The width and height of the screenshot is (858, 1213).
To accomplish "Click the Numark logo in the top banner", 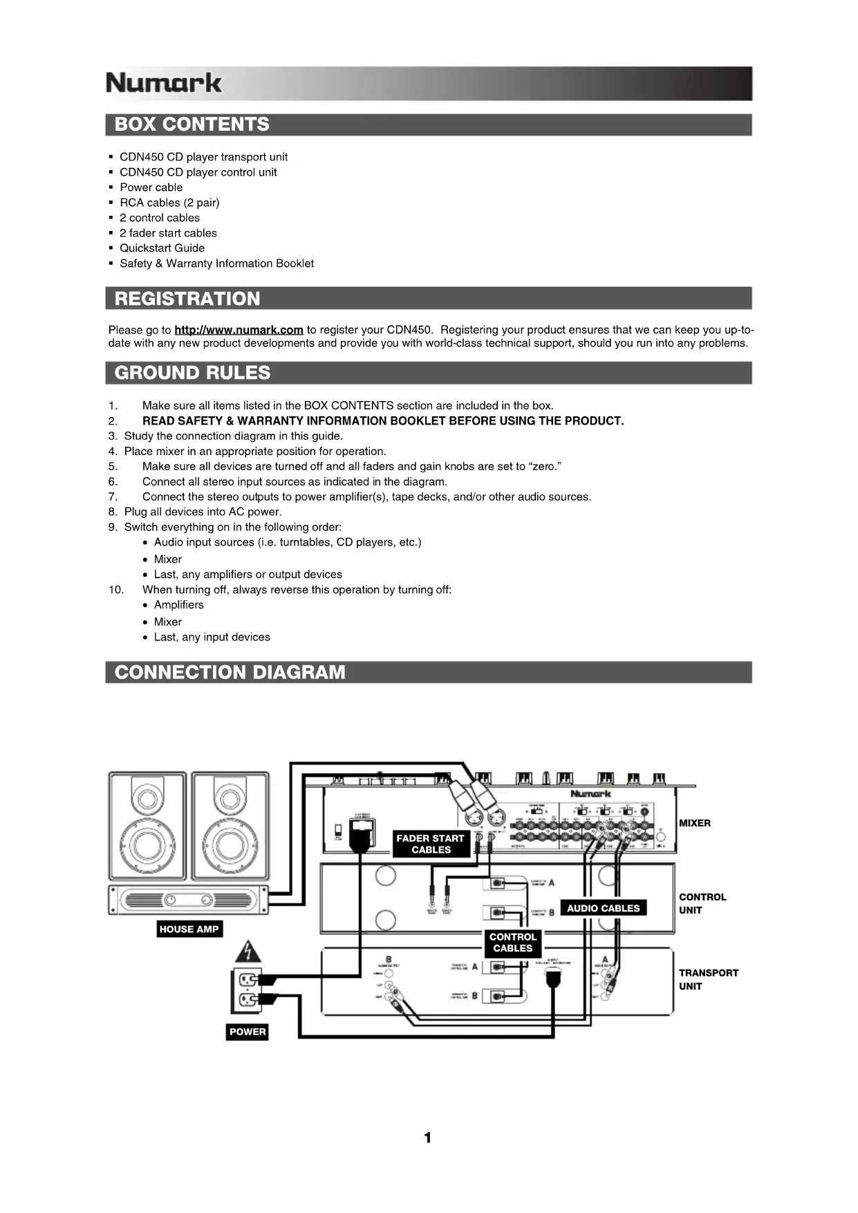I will click(164, 83).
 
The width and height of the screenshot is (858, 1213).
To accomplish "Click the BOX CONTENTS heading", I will click(192, 124).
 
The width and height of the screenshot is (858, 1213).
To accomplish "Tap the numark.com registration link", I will click(239, 330).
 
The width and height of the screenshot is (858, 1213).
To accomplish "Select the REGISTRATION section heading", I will click(187, 299).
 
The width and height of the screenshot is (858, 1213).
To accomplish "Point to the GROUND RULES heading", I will click(192, 373).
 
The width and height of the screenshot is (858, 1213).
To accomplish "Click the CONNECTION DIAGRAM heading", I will click(230, 672).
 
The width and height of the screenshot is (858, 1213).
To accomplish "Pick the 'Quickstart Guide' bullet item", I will click(162, 248).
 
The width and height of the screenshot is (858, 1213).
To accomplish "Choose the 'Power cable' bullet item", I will click(151, 187).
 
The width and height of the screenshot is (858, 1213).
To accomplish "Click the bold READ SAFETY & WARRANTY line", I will click(382, 421).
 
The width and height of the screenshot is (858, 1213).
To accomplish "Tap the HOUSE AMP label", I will click(189, 929).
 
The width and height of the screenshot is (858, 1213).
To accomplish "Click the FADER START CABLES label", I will click(430, 844).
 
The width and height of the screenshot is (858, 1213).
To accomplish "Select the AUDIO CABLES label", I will click(603, 908).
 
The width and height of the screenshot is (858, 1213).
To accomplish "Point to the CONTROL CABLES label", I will click(512, 943).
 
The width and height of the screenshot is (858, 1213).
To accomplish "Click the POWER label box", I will click(248, 1032).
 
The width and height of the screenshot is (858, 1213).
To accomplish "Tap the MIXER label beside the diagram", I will click(694, 823).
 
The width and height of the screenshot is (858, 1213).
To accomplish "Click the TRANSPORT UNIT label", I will click(707, 979).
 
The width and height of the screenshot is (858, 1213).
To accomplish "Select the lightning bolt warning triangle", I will click(248, 952).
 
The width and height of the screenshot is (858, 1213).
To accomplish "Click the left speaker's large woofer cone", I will click(147, 844).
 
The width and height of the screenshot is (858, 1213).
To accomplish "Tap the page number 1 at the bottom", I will click(428, 1138).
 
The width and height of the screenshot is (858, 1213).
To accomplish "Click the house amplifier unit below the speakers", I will click(187, 900).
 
